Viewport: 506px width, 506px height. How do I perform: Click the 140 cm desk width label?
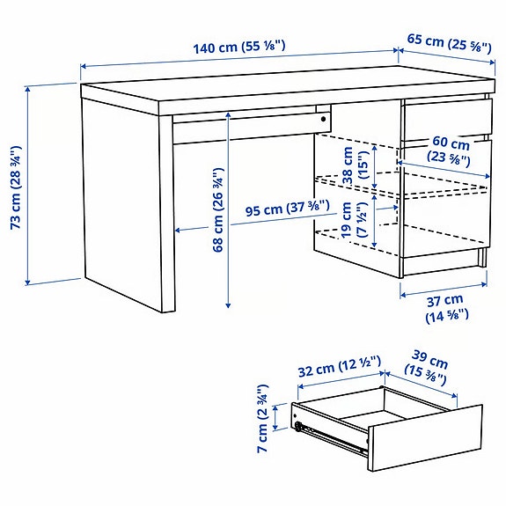click(238, 46)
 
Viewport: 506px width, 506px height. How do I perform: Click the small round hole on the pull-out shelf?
click(324, 116)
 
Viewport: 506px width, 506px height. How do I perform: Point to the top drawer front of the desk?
click(445, 119)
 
